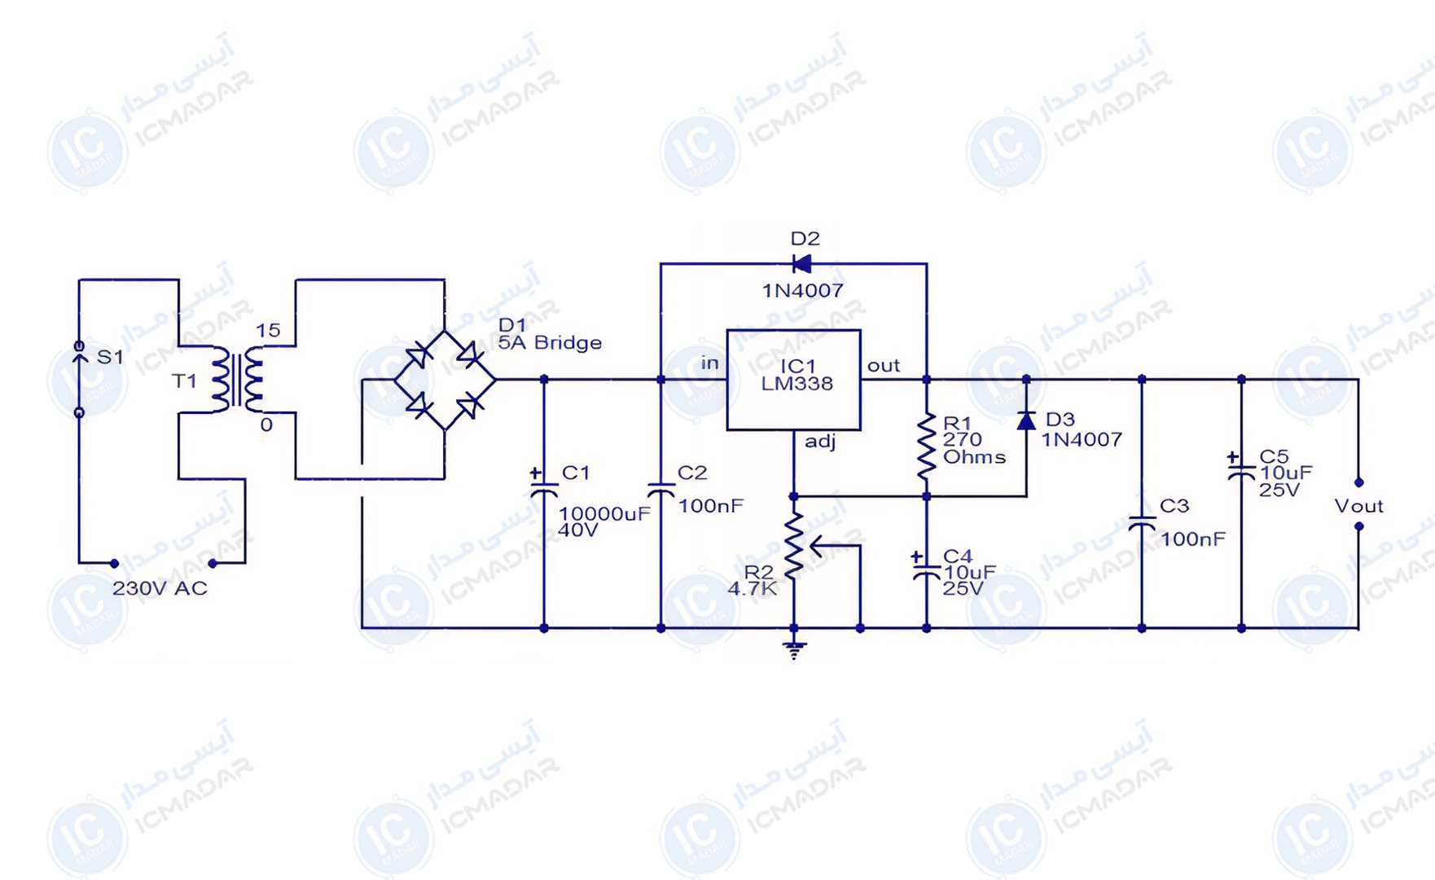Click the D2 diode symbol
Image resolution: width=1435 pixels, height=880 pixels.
[x=801, y=264]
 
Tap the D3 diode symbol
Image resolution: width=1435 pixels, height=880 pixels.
[x=1026, y=420]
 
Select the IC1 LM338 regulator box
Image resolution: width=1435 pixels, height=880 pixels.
[x=794, y=380]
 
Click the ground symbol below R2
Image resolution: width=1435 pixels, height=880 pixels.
[x=794, y=650]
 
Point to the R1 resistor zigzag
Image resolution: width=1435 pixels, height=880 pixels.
[x=927, y=447]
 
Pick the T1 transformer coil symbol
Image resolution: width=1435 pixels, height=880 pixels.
[x=237, y=380]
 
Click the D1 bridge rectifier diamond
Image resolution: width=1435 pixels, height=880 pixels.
[x=445, y=380]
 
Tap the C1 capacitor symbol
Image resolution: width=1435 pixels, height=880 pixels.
[x=543, y=486]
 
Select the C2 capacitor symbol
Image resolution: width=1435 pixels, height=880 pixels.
[x=660, y=491]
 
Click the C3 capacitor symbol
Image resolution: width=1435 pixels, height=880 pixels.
[x=1142, y=524]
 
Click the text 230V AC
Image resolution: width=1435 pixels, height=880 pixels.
[x=160, y=588]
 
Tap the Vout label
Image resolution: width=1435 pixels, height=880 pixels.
[x=1358, y=506]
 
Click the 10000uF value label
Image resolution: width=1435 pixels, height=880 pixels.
[x=604, y=513]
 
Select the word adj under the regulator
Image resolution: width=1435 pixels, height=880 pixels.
[x=820, y=442]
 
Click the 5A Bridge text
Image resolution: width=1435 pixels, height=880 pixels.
[x=550, y=343]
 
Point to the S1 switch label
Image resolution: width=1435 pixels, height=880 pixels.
[x=110, y=357]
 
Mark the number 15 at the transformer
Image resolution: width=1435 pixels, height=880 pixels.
[x=268, y=331]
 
